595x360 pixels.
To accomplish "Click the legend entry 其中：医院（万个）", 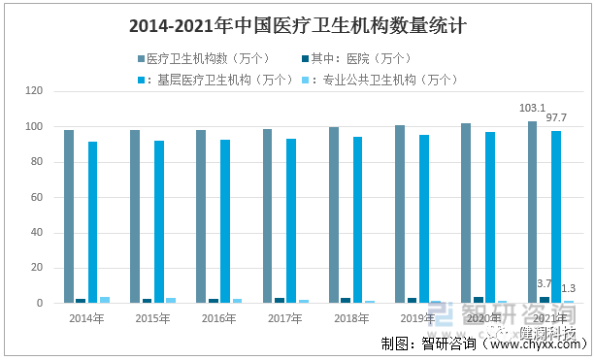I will [x=362, y=59].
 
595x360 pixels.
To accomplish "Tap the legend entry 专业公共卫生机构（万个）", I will [x=381, y=80].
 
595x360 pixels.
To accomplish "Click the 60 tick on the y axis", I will [x=38, y=197].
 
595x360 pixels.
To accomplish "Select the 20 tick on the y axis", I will [x=38, y=268].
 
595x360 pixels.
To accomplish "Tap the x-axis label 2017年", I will [x=282, y=318].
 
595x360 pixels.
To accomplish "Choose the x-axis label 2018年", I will [x=348, y=318].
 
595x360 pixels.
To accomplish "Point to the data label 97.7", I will [x=557, y=117].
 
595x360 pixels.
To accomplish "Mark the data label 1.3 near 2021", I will [x=569, y=288].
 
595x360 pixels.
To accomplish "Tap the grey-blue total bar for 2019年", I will [x=400, y=213].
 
